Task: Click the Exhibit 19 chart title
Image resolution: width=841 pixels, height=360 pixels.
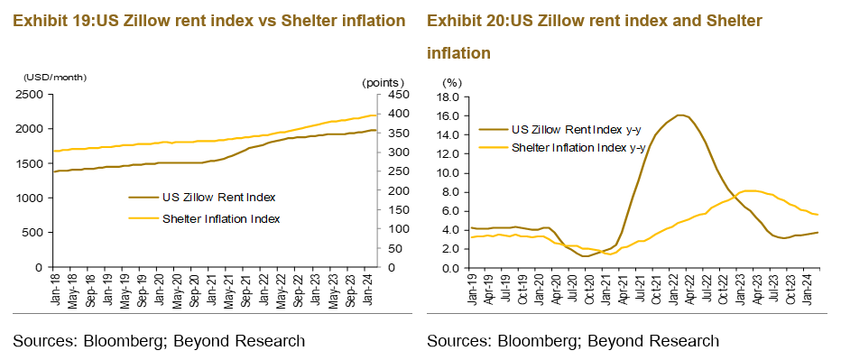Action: point(208,20)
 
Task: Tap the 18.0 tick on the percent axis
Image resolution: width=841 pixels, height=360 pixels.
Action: point(448,97)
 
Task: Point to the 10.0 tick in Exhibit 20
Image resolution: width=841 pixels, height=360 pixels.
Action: point(448,172)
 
